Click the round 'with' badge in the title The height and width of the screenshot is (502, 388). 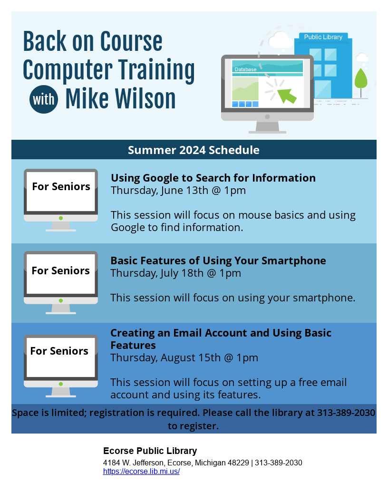[44, 99]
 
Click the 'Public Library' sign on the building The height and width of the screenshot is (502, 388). [323, 37]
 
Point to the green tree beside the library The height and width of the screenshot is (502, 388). [361, 82]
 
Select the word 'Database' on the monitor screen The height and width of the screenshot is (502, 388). [245, 69]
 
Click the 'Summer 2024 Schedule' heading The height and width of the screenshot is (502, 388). [194, 150]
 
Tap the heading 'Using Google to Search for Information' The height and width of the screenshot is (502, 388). [213, 178]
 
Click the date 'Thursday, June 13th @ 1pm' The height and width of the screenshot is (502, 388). [178, 190]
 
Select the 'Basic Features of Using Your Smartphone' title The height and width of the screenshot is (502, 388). [218, 261]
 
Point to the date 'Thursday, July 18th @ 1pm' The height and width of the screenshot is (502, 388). [176, 273]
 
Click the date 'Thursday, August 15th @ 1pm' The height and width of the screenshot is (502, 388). [184, 357]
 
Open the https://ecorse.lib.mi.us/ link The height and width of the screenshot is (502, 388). [141, 471]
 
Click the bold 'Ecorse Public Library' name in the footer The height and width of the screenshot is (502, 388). [150, 451]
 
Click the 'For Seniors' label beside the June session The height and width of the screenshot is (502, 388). [61, 186]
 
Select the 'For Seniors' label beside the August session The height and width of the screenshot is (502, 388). [59, 351]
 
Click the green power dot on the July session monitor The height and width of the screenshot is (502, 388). [61, 300]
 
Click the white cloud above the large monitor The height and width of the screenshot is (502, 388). [281, 40]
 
